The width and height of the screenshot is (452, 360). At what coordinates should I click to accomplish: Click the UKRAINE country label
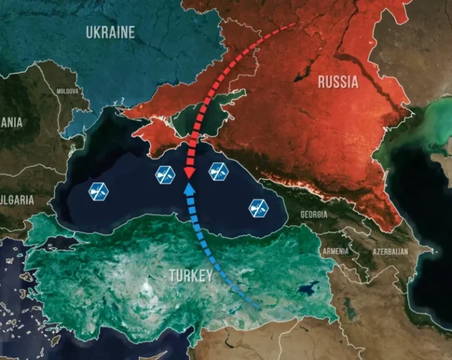coord(110,32)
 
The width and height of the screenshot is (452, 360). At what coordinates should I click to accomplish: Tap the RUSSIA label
coord(337,82)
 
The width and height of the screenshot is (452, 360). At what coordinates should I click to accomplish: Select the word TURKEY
coord(191,276)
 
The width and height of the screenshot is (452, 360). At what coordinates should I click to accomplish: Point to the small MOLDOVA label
coord(67,91)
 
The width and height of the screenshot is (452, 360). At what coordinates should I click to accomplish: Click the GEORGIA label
coord(314,214)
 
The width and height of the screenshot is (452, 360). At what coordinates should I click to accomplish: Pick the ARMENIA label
coord(335,251)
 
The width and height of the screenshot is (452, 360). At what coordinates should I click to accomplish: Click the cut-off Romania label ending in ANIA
coord(10,122)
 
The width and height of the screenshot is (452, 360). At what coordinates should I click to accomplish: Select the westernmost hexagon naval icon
coord(99,191)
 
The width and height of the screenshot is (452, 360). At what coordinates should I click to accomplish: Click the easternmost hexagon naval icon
coord(259,208)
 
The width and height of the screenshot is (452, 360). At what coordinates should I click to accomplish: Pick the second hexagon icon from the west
coord(164,175)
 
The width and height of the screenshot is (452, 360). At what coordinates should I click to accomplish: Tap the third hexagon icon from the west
coord(218,171)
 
